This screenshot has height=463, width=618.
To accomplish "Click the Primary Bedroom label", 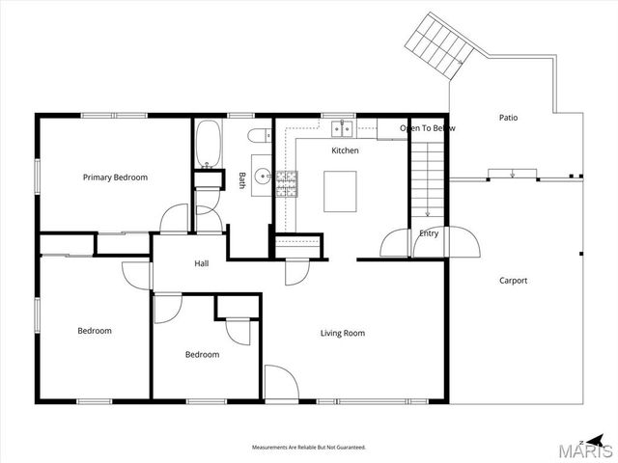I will pyautogui.click(x=115, y=177).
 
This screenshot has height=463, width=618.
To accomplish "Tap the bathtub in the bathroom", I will pyautogui.click(x=208, y=144).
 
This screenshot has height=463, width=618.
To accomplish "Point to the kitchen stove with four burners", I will pyautogui.click(x=287, y=184).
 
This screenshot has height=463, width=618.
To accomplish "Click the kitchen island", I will pyautogui.click(x=341, y=191).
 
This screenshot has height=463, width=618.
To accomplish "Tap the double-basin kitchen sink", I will pyautogui.click(x=340, y=127).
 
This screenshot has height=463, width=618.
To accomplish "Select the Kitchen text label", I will pyautogui.click(x=345, y=150).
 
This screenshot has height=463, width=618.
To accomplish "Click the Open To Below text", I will pyautogui.click(x=427, y=128).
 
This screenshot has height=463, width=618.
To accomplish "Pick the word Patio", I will pyautogui.click(x=508, y=118).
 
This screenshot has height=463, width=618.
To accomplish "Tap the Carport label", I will pyautogui.click(x=513, y=281).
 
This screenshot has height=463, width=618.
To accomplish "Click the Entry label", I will pyautogui.click(x=429, y=233).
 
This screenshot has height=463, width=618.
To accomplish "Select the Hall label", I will pyautogui.click(x=202, y=263).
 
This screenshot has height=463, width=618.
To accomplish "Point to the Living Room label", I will pyautogui.click(x=343, y=333).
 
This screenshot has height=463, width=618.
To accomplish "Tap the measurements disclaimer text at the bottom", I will pyautogui.click(x=309, y=448).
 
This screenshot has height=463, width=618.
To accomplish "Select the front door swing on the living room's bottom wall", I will pyautogui.click(x=279, y=384).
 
